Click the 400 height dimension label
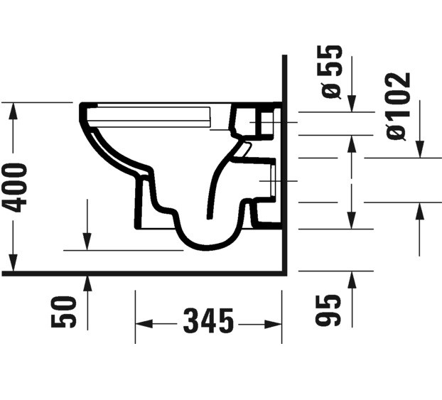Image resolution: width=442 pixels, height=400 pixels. (16, 187)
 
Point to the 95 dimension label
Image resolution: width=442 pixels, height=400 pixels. (328, 310)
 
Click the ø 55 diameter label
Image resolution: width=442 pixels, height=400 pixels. (331, 72)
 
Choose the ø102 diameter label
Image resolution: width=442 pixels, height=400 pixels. (399, 105)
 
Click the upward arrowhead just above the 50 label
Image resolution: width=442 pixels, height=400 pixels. (87, 283)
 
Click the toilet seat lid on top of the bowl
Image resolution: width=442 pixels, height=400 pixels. (153, 112)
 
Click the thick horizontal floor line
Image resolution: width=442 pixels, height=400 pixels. (142, 272)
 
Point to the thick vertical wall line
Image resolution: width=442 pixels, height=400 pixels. (284, 163)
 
